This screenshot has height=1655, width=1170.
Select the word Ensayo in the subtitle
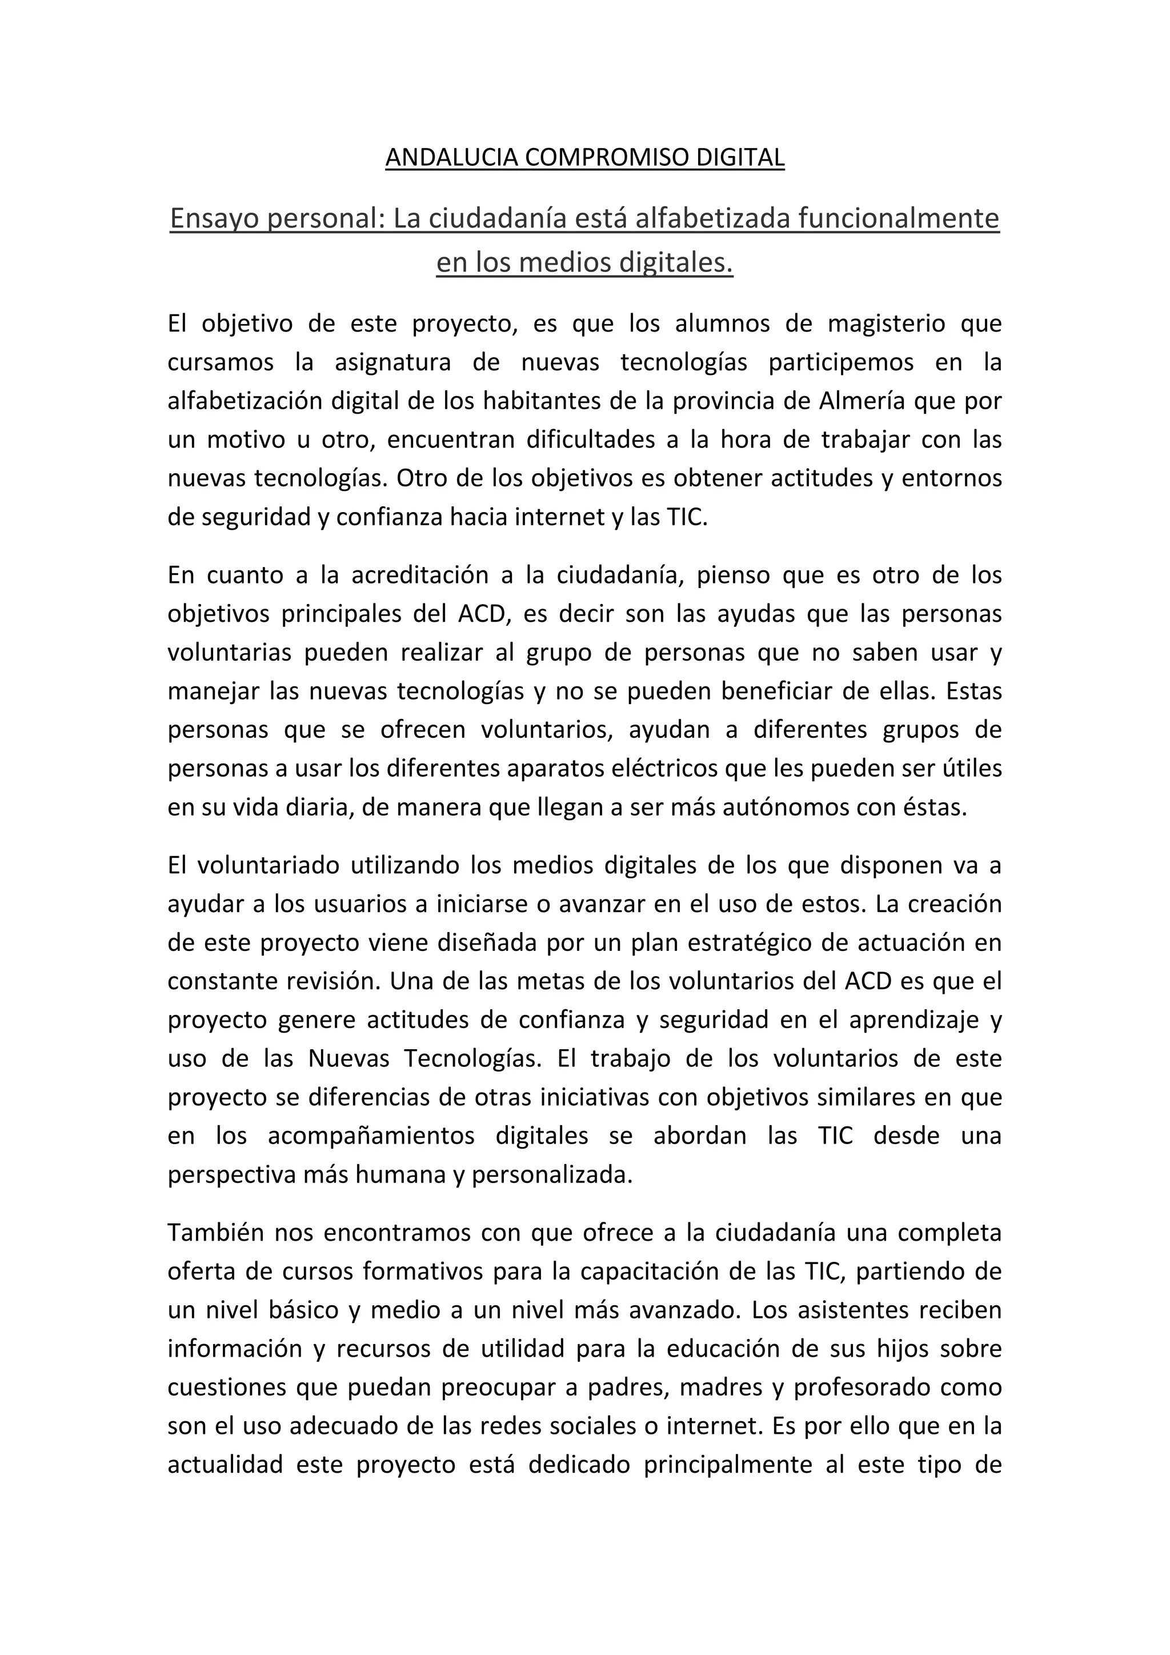click(x=214, y=218)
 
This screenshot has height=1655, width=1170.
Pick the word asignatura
click(x=392, y=362)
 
